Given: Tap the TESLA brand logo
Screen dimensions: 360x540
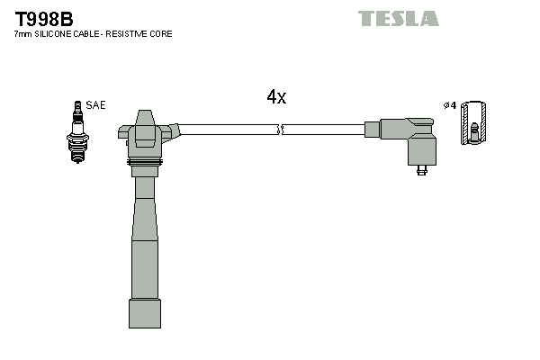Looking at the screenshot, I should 398,18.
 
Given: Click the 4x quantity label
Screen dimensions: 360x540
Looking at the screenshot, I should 276,97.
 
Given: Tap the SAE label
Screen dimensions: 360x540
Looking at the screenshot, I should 95,105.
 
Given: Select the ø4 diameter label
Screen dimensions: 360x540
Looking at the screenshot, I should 450,105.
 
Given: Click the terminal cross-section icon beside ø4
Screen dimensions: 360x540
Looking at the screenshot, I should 473,123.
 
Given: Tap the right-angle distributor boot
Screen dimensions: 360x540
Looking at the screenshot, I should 409,138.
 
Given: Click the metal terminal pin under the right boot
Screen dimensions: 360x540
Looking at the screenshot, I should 421,169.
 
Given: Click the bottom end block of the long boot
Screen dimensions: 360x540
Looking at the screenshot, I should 144,314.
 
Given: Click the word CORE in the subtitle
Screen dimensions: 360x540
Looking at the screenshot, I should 161,34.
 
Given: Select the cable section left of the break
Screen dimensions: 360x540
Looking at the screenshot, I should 229,130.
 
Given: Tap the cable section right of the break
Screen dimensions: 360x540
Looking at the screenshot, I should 324,130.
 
